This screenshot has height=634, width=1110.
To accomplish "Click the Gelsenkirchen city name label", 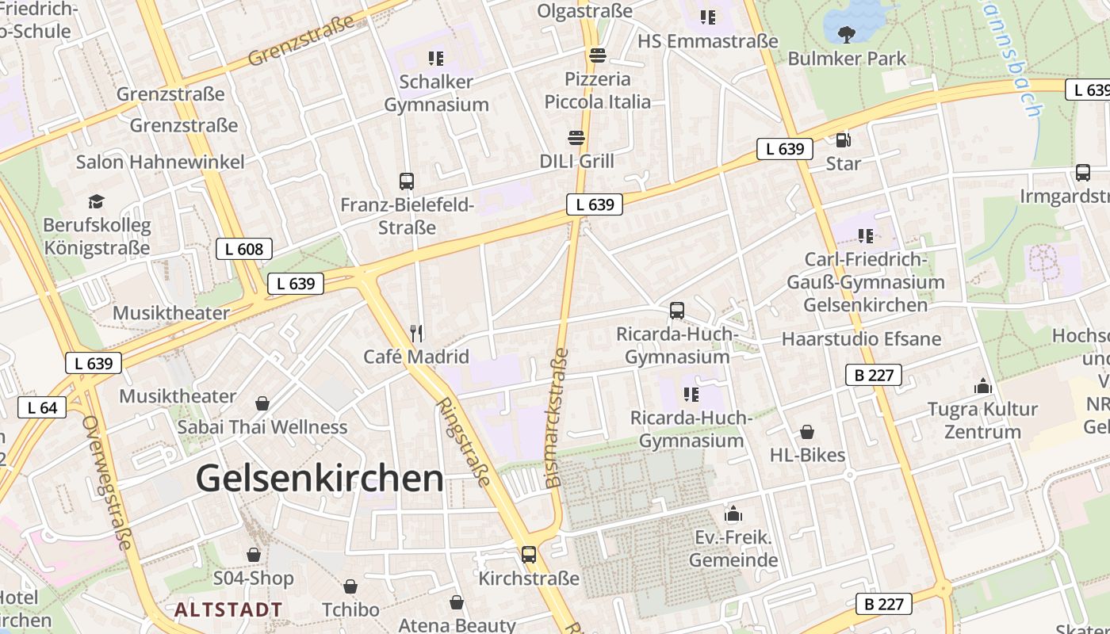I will coord(320,479).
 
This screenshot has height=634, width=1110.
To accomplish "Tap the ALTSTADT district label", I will coord(228,609).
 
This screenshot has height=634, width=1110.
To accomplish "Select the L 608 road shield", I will coord(244,249).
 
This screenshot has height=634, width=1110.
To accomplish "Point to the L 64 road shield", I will coord(42,408).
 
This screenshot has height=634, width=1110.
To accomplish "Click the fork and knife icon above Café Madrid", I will coord(416,333).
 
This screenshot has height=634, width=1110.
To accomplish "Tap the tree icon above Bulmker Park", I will coord(847,34).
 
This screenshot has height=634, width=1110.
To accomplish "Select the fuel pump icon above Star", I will coord(843,140).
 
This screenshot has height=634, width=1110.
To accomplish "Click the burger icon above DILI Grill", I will coord(576,138).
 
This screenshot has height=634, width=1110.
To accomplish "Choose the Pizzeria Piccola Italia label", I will coord(597,90).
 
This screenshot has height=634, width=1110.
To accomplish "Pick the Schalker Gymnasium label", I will coord(436,93).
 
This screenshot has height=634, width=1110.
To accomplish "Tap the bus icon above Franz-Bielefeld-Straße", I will coord(407,181).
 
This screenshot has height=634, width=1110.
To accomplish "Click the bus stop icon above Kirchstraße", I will coord(529,555).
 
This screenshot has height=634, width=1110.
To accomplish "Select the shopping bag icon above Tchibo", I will coord(350,586).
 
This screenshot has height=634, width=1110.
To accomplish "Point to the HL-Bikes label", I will coord(807,455).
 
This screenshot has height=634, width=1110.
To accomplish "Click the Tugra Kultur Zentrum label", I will coord(982,420).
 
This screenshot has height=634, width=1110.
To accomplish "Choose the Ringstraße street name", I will coord(464,441).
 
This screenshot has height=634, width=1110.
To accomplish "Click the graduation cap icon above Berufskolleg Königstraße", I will coord(96,201).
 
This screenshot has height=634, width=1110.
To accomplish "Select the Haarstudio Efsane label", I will coord(861,339).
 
